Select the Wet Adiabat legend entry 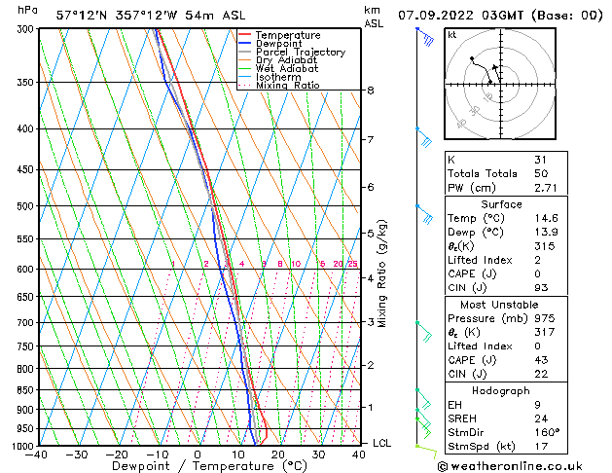click(287, 69)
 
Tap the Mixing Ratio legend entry click(287, 86)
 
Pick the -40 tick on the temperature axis click(37, 454)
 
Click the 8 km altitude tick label click(370, 91)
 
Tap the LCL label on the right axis click(383, 444)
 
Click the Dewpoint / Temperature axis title click(195, 466)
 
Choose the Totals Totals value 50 click(541, 173)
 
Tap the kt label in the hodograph click(451, 35)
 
